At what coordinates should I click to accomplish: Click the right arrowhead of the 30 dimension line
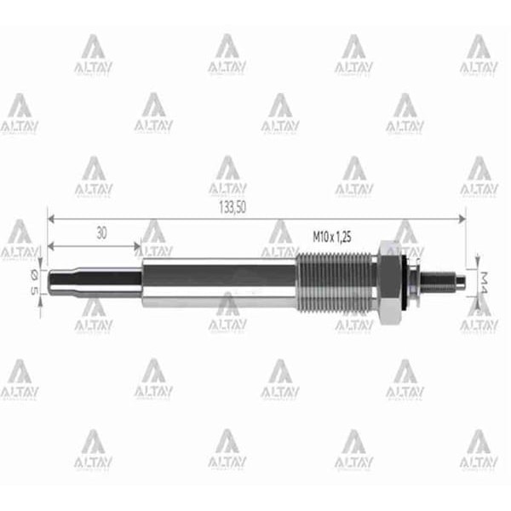coord(137,247)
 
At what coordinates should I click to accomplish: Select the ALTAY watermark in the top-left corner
coord(92,55)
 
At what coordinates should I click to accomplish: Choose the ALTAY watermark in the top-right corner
coord(479,55)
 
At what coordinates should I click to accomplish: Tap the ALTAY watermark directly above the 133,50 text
coord(227,175)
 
